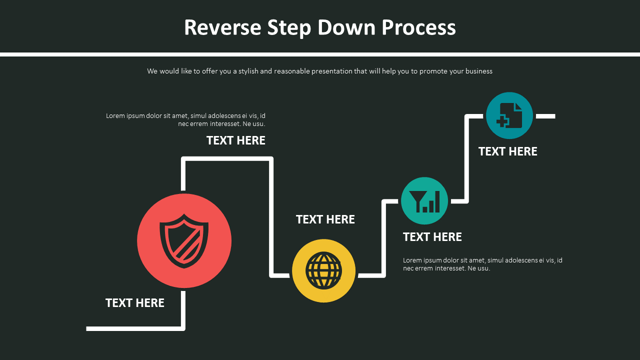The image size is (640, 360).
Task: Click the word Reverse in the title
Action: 222,27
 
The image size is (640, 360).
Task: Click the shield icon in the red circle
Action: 184,241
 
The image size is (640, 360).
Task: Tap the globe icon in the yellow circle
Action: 323,270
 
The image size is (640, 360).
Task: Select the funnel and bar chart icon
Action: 424,200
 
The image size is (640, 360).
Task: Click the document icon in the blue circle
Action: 509,115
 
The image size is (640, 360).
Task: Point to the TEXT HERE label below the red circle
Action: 135,303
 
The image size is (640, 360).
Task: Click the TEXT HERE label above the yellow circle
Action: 325,219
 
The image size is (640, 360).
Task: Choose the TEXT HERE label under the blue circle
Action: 508,151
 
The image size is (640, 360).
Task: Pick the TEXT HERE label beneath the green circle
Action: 432,237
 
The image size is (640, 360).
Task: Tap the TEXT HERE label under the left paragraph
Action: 236,140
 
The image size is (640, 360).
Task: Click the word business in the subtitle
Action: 479,71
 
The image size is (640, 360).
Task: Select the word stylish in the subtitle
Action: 248,71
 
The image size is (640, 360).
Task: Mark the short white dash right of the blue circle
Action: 545,116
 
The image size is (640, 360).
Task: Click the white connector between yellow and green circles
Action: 384,237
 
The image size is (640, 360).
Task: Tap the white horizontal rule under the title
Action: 320,54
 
